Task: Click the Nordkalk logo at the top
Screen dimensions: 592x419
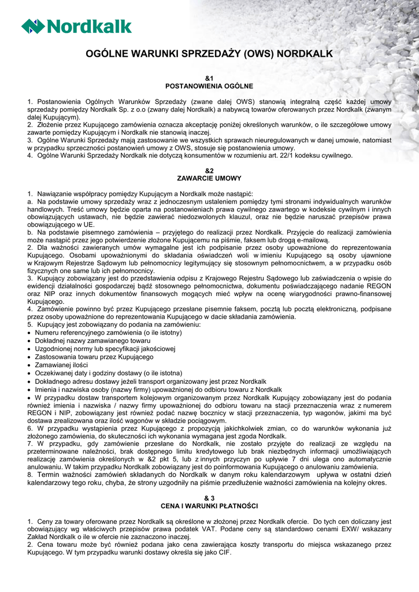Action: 76,26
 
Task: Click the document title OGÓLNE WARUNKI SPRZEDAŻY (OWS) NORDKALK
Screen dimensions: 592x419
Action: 209,54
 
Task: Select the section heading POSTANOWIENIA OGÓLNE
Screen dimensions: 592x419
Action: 209,86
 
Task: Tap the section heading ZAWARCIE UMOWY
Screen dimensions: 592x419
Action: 209,178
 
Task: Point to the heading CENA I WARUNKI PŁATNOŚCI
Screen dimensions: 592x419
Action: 209,506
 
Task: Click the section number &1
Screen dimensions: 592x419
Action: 209,78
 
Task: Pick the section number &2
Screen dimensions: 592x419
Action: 209,171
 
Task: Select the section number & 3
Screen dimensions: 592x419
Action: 209,498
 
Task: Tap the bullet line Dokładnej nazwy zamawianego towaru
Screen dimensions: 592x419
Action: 84,341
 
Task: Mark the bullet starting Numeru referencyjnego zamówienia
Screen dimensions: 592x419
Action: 99,333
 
